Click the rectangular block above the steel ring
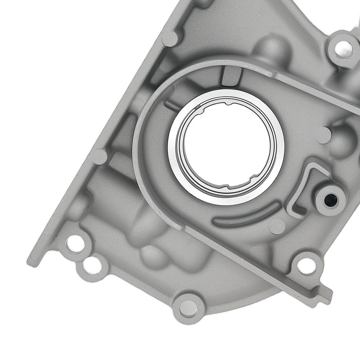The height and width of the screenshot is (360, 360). pyautogui.click(x=230, y=76)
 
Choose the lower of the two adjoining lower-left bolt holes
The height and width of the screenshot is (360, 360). pyautogui.click(x=90, y=266)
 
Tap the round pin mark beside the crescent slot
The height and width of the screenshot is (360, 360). pyautogui.click(x=277, y=226)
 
